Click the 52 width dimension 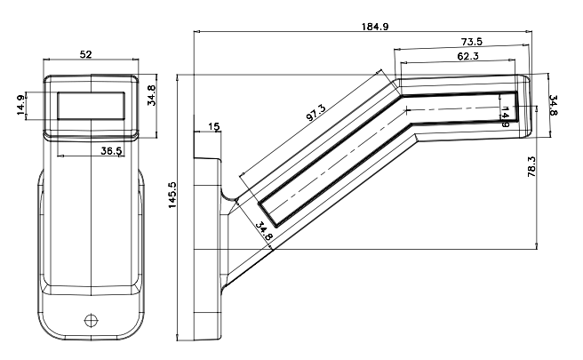click(86, 55)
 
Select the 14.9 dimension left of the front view click(20, 105)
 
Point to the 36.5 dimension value click(110, 152)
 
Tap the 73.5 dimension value click(472, 43)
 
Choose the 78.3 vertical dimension click(531, 166)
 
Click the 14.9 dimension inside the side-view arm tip click(506, 115)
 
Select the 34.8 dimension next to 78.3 click(553, 106)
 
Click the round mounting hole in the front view click(90, 319)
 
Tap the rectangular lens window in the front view click(92, 106)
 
